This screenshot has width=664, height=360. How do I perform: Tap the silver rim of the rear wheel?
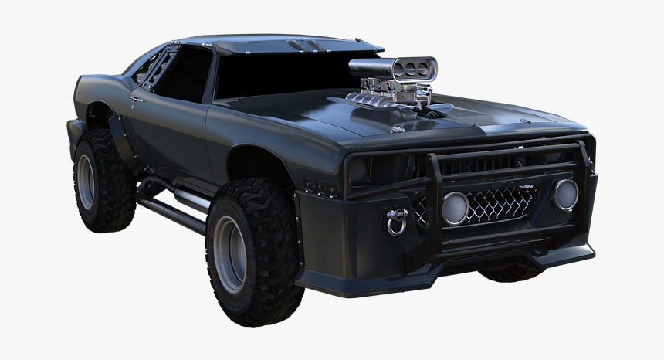tap(85, 182)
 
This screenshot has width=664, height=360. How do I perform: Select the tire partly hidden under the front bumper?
tap(510, 272)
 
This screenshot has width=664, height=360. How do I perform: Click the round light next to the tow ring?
tap(455, 207)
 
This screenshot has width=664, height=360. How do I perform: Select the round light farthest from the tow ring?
tap(565, 194)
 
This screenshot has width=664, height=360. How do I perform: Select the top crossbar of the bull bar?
tap(502, 150)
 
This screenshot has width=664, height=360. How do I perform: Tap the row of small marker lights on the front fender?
tap(321, 188)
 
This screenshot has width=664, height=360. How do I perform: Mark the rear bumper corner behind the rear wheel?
tap(73, 135)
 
